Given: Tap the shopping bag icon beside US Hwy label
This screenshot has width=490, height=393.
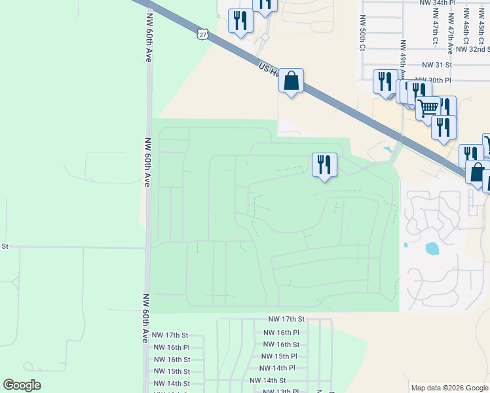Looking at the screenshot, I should click(292, 81).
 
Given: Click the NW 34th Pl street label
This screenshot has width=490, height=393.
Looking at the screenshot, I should click(438, 3).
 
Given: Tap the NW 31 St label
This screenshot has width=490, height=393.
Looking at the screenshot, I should click(438, 65).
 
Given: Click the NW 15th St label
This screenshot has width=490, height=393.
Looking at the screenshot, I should click(172, 371).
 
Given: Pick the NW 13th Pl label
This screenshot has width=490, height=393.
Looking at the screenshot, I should click(281, 391).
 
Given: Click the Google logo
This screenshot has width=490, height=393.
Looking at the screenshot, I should click(22, 385).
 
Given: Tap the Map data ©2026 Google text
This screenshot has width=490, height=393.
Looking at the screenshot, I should click(449, 388).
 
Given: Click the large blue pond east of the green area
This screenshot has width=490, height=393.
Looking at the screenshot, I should click(432, 249).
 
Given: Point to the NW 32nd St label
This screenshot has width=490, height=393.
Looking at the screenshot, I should click(472, 49).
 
